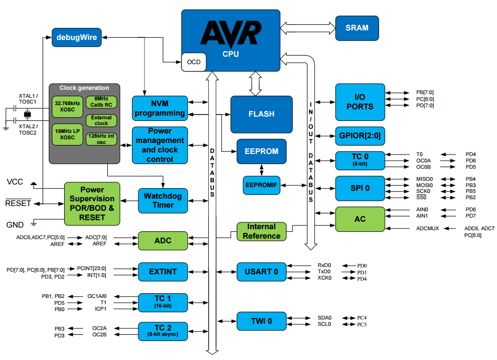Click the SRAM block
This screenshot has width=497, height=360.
(357, 28)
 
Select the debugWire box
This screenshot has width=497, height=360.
(77, 37)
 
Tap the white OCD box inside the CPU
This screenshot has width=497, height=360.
(194, 62)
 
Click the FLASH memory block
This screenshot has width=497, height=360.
(261, 114)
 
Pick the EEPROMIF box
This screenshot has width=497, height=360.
(261, 185)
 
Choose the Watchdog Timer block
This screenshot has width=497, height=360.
(163, 201)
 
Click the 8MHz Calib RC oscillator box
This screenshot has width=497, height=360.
(101, 102)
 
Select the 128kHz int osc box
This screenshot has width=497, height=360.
(101, 139)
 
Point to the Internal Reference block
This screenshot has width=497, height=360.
(261, 231)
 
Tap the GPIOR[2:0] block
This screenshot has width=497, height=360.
(360, 136)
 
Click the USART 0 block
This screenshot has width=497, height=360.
(261, 272)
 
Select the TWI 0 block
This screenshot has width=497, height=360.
(261, 321)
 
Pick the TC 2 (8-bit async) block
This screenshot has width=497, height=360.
(163, 331)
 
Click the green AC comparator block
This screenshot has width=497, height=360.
(360, 219)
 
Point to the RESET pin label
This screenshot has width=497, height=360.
(18, 203)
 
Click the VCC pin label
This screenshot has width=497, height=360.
(15, 182)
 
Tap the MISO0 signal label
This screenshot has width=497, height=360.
(424, 179)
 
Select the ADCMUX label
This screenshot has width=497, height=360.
(428, 228)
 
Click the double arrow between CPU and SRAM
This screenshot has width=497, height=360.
(308, 28)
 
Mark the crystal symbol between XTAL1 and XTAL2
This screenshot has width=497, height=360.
(27, 114)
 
